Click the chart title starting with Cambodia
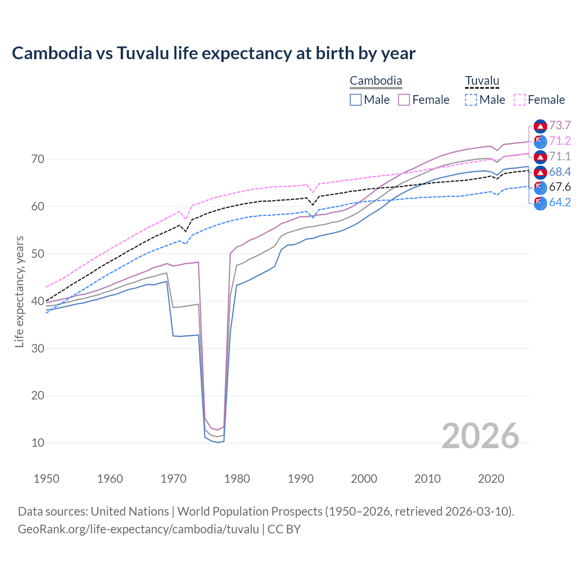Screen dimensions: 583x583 [214, 53]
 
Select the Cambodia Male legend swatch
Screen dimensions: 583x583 [356, 100]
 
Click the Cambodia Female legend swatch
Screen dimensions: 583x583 [404, 100]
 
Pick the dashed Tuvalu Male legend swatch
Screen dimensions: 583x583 [471, 100]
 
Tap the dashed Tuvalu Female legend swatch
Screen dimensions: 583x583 [520, 100]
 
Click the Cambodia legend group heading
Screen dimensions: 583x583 [376, 81]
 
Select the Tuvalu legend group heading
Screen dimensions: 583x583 [482, 81]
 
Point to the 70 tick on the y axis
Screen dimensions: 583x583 [38, 159]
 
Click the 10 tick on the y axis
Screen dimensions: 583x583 [38, 443]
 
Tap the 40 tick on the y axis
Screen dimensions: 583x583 [38, 301]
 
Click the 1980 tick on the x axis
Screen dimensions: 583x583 [237, 479]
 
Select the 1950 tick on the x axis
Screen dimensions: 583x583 [47, 479]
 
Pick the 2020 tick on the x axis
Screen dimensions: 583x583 [491, 479]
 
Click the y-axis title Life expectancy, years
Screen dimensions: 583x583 [19, 291]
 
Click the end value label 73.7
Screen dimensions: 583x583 [560, 126]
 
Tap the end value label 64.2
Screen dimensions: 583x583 [560, 203]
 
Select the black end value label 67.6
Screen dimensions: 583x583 [560, 187]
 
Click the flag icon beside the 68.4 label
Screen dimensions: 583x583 [540, 172]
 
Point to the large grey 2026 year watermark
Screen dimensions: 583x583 [481, 436]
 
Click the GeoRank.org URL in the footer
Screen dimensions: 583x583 [138, 529]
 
